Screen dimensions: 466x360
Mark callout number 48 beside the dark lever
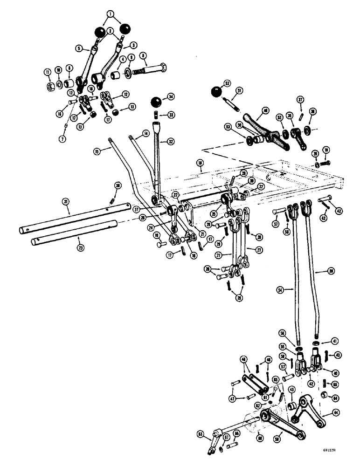265,111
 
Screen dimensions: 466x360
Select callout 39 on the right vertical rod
330,271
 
